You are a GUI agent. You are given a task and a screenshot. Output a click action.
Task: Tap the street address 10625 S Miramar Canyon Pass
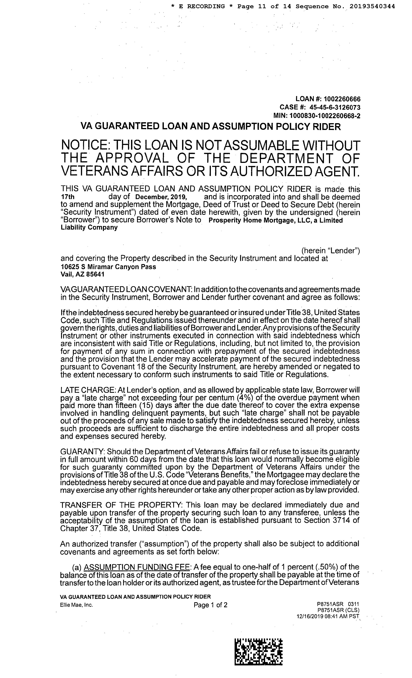click(108, 267)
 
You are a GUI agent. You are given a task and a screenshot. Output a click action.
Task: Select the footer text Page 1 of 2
click(210, 605)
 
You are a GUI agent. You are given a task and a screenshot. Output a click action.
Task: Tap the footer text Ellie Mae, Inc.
click(77, 605)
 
